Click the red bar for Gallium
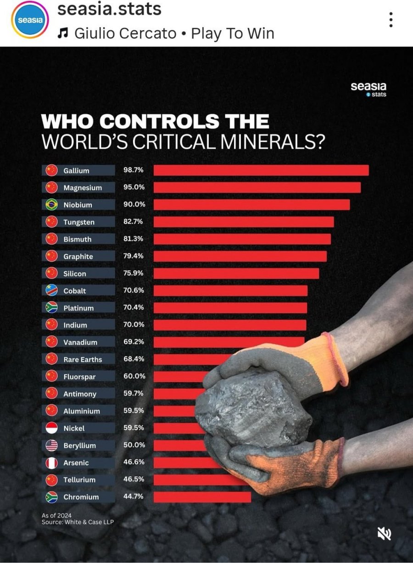click(261, 170)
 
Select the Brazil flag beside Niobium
click(52, 205)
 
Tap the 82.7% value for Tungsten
click(134, 222)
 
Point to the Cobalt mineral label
click(75, 291)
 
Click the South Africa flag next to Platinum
click(52, 308)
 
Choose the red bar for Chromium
click(202, 497)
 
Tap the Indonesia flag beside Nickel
click(52, 428)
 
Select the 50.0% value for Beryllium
click(134, 445)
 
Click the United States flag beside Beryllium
click(52, 445)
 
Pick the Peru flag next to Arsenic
click(52, 463)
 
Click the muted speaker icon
click(384, 533)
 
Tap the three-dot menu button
click(391, 20)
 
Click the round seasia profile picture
click(30, 20)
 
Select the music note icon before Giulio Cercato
click(63, 33)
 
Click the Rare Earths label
click(83, 359)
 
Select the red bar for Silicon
click(236, 273)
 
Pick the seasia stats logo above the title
click(368, 89)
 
